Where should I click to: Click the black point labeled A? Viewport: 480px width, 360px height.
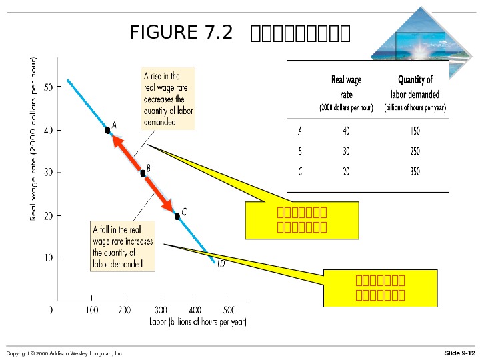[107, 130]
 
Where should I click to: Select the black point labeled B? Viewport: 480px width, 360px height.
[143, 173]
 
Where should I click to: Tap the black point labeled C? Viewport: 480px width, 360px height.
[177, 216]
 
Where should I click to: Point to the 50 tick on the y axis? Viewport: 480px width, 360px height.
[48, 87]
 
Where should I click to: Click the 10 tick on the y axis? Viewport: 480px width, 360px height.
[48, 257]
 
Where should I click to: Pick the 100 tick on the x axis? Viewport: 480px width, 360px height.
[90, 310]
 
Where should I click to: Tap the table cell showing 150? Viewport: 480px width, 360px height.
[415, 130]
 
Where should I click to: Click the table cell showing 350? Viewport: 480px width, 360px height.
[415, 171]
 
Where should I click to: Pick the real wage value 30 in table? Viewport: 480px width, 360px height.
[346, 151]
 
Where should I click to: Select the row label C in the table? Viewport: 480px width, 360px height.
[300, 171]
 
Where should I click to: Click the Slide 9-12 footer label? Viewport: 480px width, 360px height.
[459, 353]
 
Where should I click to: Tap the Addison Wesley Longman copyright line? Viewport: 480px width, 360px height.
[65, 353]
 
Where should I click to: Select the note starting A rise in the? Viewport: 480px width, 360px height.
[168, 99]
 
